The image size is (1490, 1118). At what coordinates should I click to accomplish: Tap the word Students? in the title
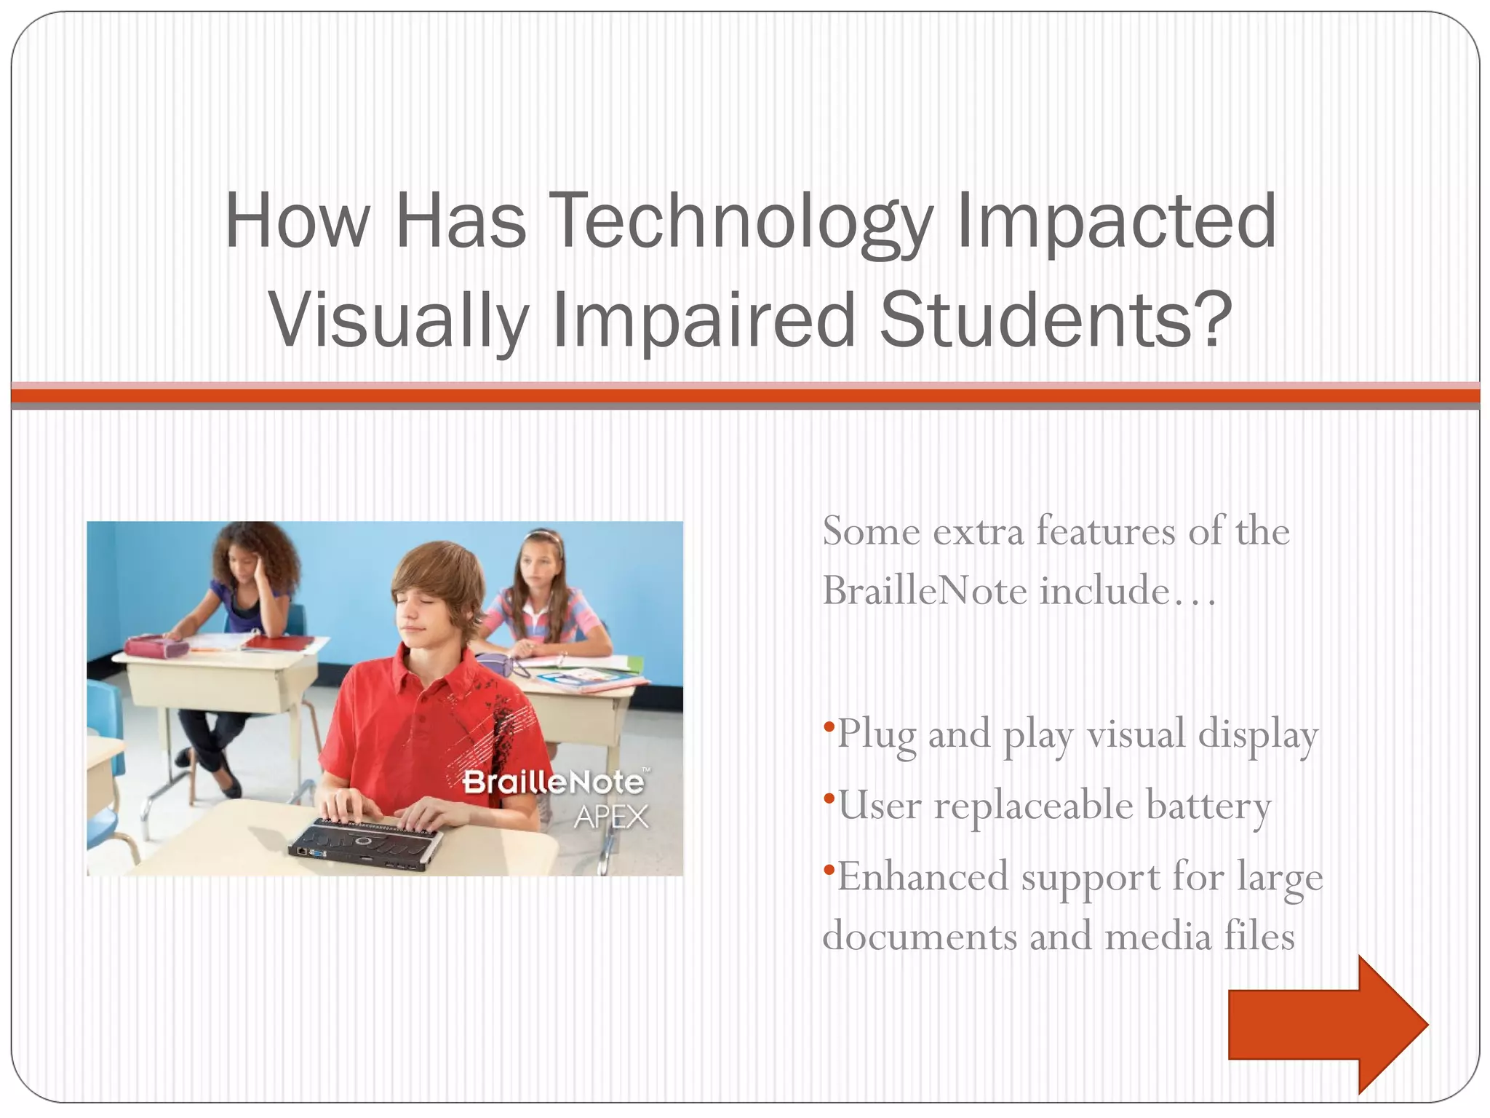[1056, 320]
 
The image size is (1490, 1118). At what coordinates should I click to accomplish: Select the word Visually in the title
[399, 320]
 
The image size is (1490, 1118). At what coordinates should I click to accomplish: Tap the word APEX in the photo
[610, 817]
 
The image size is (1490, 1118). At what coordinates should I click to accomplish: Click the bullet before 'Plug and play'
[829, 726]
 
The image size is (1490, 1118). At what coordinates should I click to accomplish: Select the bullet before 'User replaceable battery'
[829, 798]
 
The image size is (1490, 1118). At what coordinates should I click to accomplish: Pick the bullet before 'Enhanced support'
[829, 870]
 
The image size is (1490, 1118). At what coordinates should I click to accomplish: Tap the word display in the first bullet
[1258, 734]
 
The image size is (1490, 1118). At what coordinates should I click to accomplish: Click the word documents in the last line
[920, 936]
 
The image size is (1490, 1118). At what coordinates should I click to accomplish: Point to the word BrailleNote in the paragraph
[925, 590]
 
